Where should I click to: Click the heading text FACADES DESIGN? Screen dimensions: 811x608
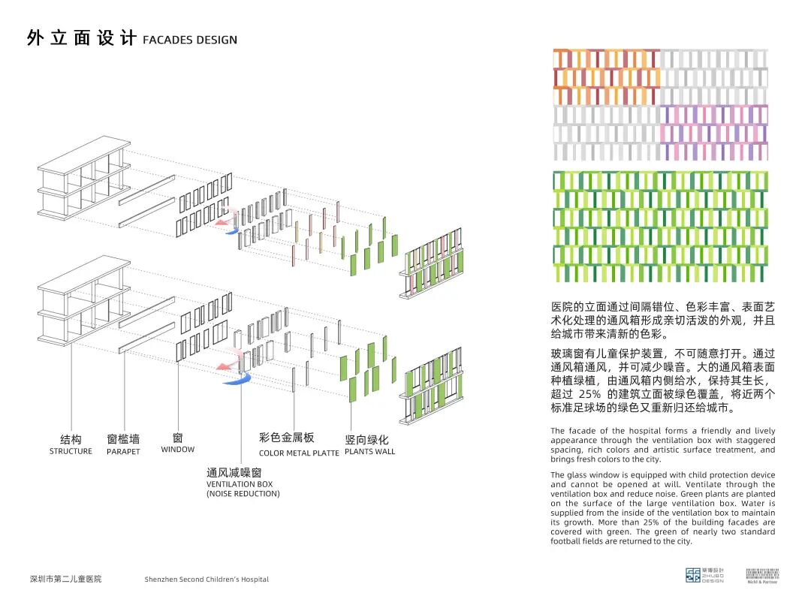point(190,41)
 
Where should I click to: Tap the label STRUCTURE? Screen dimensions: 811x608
point(71,451)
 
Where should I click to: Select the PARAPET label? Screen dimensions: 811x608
point(123,452)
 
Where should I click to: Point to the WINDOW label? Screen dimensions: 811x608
point(177,450)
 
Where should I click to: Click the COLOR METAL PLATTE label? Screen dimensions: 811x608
point(299,453)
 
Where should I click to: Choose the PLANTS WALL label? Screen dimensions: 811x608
point(369,452)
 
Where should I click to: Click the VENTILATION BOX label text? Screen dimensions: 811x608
point(240,484)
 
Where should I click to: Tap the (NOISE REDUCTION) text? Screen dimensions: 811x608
point(243,494)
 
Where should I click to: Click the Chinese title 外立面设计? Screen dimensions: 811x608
point(81,39)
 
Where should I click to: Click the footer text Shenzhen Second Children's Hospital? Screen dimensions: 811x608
point(207,579)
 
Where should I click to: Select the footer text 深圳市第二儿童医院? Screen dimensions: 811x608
point(65,579)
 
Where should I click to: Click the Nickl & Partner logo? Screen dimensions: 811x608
point(763,576)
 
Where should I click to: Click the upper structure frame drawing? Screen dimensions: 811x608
point(83,176)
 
